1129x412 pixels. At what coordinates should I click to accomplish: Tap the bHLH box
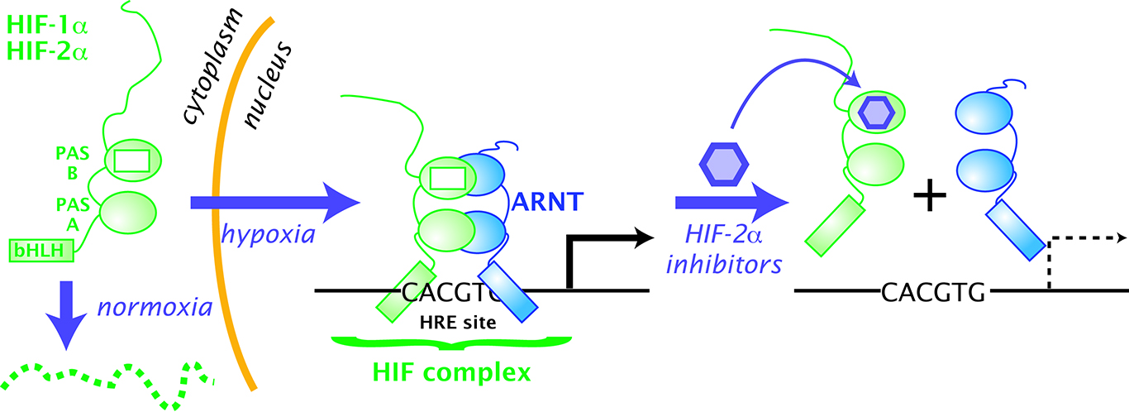coord(42,248)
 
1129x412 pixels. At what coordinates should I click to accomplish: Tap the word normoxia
coord(155,309)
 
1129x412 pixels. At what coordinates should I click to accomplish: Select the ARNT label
coord(550,200)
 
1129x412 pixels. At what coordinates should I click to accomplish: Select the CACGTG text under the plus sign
coord(933,292)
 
